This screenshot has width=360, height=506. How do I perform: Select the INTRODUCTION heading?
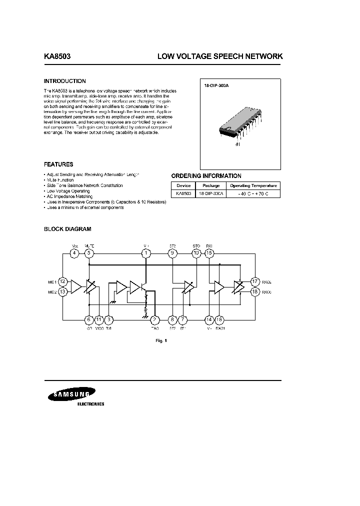(x=65, y=81)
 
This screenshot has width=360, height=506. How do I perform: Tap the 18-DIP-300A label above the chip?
(x=216, y=86)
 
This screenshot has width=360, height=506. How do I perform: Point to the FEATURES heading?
(x=58, y=164)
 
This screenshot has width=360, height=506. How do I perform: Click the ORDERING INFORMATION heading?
(x=206, y=176)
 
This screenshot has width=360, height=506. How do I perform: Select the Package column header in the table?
(x=210, y=185)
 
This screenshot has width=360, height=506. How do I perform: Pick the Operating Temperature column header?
(x=253, y=185)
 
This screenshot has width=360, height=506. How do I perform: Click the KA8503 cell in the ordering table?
(x=183, y=193)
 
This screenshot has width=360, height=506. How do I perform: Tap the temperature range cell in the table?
(x=253, y=193)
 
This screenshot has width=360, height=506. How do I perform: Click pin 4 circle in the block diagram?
(x=74, y=253)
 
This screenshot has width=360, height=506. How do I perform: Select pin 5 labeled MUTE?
(x=89, y=253)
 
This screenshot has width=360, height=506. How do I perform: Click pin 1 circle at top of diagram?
(x=146, y=253)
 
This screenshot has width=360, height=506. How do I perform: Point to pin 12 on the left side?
(x=63, y=281)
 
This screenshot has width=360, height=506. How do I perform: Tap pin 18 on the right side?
(x=255, y=291)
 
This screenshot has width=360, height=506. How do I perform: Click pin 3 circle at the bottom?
(x=109, y=319)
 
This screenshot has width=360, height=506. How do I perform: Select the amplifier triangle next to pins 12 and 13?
(x=75, y=286)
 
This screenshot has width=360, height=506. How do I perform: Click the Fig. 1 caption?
(x=160, y=340)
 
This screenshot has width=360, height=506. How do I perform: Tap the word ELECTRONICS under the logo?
(x=90, y=403)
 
